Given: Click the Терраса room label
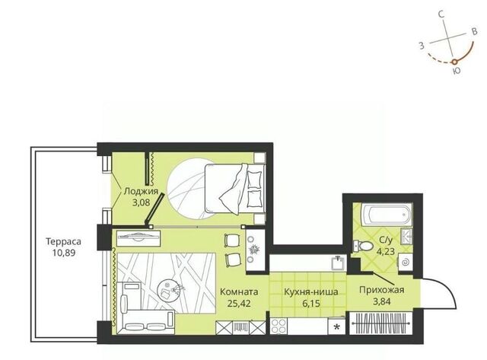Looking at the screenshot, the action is [x=63, y=241].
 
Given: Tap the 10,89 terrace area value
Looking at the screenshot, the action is [x=64, y=253].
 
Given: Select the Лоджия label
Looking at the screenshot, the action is [x=141, y=191].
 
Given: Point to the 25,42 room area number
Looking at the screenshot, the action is [x=239, y=303].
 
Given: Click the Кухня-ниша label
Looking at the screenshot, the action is [x=311, y=292].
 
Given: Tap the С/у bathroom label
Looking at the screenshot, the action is [x=386, y=240].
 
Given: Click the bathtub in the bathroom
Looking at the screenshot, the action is [x=387, y=214].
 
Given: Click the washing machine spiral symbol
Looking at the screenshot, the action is [x=406, y=263].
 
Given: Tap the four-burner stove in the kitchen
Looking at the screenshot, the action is [x=279, y=327].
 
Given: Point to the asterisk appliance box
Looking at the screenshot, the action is [x=336, y=327].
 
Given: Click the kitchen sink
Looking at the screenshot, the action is [x=338, y=263].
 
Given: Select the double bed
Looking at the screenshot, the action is [x=235, y=189].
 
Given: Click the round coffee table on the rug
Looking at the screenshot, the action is [x=168, y=289].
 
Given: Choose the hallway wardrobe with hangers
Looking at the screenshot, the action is [x=381, y=323].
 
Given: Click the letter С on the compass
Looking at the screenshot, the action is [x=441, y=14].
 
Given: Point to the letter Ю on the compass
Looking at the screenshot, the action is [x=457, y=71].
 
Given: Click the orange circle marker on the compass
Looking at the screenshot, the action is [x=454, y=62].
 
